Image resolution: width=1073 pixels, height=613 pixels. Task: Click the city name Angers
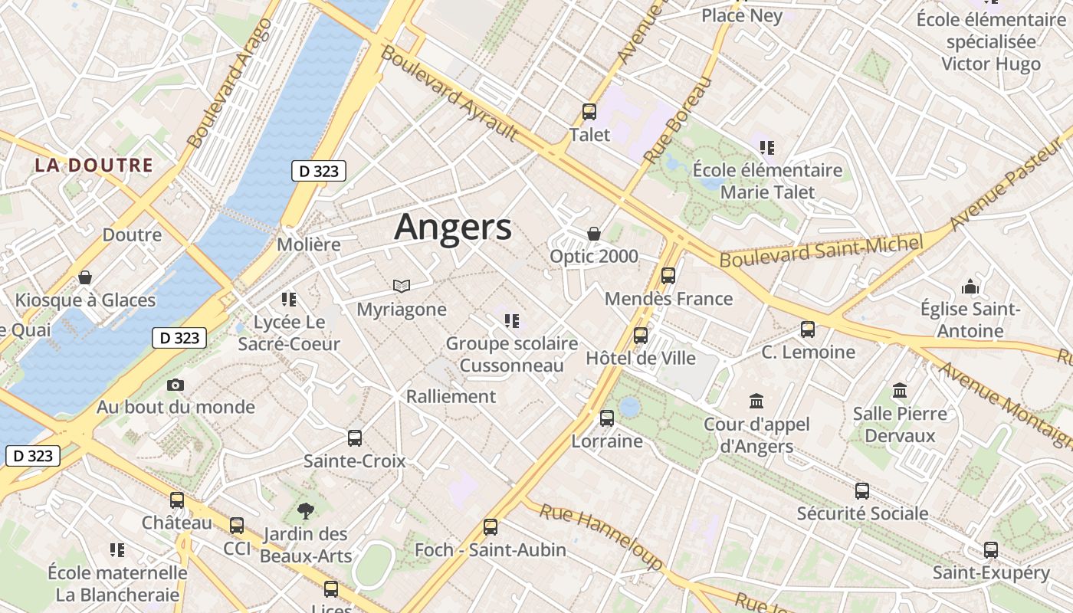[x=453, y=228]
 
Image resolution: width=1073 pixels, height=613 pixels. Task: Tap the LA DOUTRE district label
[x=94, y=165]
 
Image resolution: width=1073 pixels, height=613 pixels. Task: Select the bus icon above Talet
[x=589, y=112]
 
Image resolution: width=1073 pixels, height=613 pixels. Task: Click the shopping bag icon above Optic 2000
[x=593, y=233]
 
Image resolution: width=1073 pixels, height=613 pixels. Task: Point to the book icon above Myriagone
[x=402, y=286]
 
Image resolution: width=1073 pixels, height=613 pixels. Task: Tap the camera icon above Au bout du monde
[x=176, y=385]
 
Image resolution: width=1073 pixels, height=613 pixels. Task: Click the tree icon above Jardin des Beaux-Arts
[x=306, y=510]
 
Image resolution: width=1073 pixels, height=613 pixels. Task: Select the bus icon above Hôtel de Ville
[x=641, y=335]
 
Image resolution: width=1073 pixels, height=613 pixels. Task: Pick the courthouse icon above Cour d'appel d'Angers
[x=756, y=401]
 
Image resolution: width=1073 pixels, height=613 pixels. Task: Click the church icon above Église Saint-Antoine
[x=970, y=287]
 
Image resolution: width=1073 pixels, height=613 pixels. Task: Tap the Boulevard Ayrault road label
[x=449, y=92]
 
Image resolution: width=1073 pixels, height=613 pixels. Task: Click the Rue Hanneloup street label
[x=601, y=536]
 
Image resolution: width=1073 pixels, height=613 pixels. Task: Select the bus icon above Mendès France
[x=668, y=276]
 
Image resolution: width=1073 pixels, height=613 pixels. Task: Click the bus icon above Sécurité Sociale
[x=862, y=491]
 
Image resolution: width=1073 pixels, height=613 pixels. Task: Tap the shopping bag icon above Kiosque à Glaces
[x=85, y=277]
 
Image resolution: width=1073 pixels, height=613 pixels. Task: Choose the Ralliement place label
[x=451, y=396]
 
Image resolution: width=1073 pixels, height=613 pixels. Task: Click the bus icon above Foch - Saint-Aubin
[x=491, y=527]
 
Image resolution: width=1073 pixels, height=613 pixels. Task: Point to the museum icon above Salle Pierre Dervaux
[x=900, y=391]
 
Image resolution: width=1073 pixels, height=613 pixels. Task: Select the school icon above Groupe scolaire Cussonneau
[x=511, y=320]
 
